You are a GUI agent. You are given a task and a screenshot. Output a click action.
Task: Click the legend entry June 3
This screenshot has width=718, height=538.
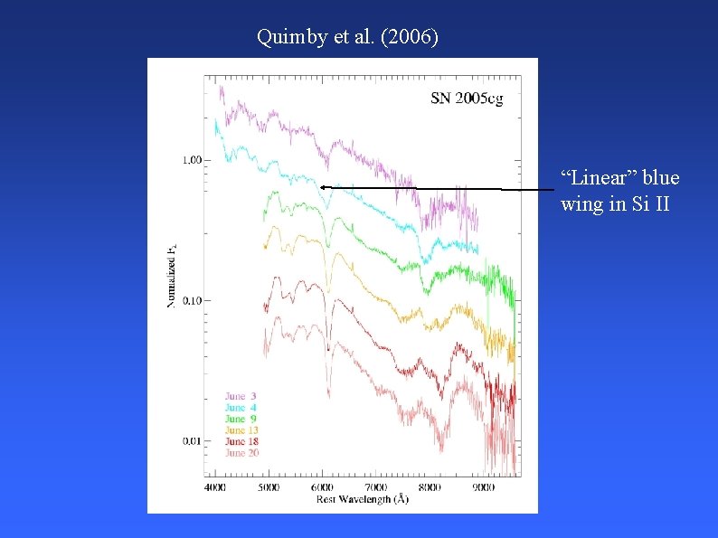[241, 397]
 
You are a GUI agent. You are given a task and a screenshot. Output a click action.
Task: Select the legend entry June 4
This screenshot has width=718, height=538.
[241, 408]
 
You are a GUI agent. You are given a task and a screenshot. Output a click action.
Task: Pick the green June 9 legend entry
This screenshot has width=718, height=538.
[241, 419]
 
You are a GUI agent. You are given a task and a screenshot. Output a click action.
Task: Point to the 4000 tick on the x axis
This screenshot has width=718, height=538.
[215, 487]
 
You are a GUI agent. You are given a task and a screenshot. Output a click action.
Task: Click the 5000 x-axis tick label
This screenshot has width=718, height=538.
[269, 487]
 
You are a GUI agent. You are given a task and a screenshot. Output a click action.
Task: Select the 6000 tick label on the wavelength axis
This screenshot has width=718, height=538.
[323, 487]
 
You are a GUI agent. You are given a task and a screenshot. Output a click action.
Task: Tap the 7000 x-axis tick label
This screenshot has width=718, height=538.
[376, 487]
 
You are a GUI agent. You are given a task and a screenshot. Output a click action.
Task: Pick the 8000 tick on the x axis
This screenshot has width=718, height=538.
[430, 487]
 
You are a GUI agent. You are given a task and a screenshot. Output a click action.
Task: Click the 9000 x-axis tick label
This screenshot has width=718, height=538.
[484, 487]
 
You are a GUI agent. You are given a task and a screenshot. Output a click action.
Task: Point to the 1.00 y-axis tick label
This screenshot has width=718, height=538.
[192, 160]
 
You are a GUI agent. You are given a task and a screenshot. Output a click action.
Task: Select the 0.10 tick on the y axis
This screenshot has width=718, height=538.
[192, 300]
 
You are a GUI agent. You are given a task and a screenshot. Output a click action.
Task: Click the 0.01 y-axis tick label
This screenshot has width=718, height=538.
[192, 441]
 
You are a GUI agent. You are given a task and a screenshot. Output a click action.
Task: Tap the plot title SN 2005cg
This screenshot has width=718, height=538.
[467, 99]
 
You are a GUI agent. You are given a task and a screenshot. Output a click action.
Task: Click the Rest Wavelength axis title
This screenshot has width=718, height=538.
[362, 499]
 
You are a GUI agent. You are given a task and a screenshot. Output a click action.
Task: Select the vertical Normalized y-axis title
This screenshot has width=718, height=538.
[170, 275]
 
